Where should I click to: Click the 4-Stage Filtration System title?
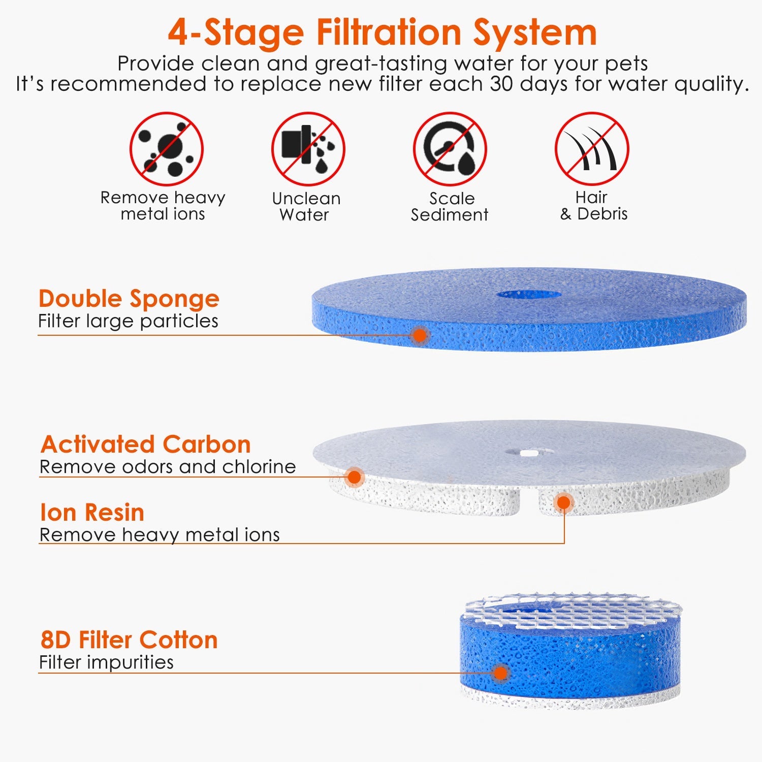coord(382,33)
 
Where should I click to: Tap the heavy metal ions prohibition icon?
coord(167,149)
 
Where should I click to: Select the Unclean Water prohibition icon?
coord(308,149)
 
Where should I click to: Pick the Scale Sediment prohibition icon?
coord(450,149)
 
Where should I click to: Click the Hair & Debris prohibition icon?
coord(592,149)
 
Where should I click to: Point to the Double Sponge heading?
coord(129,299)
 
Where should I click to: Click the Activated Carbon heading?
coord(145,444)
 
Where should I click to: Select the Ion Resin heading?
coord(92,513)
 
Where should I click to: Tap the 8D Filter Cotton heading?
coord(129,640)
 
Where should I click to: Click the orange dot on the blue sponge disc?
coord(420,335)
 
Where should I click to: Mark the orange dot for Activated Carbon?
coord(354,477)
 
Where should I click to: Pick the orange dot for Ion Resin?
coord(563,503)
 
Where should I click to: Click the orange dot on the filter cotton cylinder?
coord(501,673)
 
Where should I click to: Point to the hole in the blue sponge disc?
coord(528,295)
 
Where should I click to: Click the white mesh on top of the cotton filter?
coord(574,610)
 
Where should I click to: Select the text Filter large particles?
coord(128,321)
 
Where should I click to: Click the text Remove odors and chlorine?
coord(168,467)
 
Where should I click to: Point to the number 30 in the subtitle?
coord(501,84)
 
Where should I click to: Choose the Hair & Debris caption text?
coord(593,205)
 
